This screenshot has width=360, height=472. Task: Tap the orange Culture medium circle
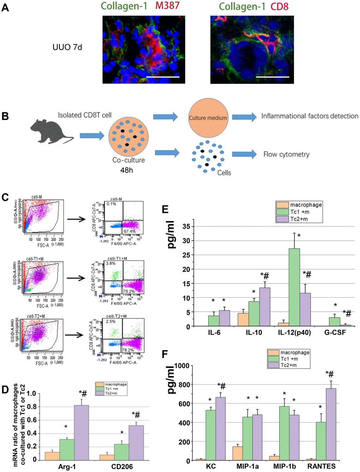(208, 118)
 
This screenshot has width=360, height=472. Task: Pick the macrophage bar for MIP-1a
(237, 453)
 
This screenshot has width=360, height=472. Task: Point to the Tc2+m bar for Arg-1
(81, 432)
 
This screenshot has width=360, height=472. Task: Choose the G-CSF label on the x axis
(335, 333)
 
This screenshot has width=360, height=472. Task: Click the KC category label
(211, 466)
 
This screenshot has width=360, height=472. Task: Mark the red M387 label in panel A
(167, 6)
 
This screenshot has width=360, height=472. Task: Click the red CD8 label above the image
(280, 7)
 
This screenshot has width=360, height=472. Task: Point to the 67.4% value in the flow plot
(130, 232)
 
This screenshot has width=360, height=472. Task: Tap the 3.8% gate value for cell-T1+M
(111, 263)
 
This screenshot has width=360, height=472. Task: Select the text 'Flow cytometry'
(286, 154)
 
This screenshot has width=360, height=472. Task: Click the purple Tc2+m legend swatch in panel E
(282, 219)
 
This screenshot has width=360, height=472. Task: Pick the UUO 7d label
(67, 47)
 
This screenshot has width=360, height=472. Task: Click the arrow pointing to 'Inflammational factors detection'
(244, 117)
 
